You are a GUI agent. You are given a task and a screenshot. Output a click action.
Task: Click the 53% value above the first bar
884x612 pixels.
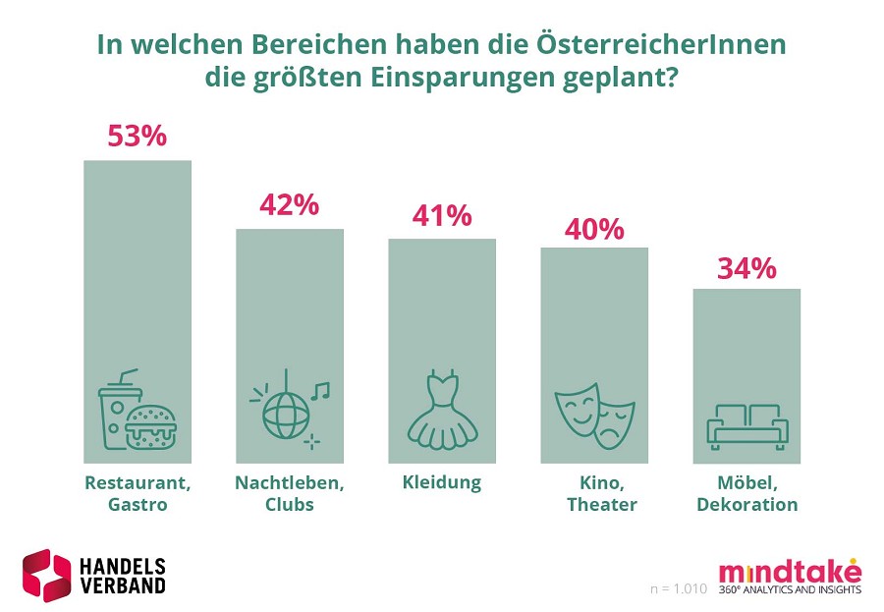(137, 136)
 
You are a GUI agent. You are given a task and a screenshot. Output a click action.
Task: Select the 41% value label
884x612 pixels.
(442, 215)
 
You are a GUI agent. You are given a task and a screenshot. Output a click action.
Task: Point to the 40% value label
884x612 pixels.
(594, 229)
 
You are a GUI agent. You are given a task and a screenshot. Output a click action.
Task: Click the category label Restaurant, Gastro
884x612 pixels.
(137, 493)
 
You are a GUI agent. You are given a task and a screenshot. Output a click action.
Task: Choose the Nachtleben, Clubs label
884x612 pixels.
(289, 493)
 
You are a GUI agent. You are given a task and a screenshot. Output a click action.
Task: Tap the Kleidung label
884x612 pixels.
(442, 482)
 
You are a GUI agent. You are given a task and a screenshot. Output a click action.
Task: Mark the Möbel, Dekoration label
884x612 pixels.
(746, 493)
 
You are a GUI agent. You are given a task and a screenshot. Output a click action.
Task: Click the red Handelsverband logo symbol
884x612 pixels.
(47, 575)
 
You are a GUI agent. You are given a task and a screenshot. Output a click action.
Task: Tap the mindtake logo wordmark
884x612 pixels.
(790, 571)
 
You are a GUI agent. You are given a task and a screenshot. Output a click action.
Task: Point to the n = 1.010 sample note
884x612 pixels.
(679, 588)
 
